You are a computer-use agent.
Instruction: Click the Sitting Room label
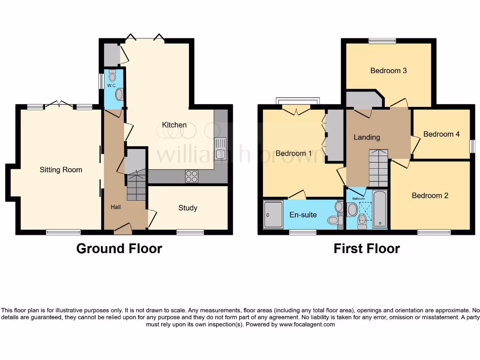point(60,170)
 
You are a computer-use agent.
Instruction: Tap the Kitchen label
point(174,125)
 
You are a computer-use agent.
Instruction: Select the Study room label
point(187,208)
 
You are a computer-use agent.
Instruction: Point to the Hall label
point(115,207)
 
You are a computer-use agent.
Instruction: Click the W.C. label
point(112,86)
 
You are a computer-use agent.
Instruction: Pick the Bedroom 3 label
point(388,71)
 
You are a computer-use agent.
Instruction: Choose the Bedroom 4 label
point(441,134)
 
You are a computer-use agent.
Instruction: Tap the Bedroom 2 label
point(430,195)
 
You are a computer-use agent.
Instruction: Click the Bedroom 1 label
point(293,153)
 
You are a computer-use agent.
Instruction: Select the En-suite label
point(303,215)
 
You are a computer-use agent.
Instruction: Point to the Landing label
point(367,137)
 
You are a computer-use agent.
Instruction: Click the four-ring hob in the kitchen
point(192,176)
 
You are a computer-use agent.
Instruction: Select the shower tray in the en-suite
point(273,215)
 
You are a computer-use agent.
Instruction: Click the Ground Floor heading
point(119,248)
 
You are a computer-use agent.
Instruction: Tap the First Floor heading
point(367,248)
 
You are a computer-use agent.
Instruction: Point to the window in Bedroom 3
point(382,41)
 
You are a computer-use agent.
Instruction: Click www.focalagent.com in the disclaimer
point(307,324)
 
